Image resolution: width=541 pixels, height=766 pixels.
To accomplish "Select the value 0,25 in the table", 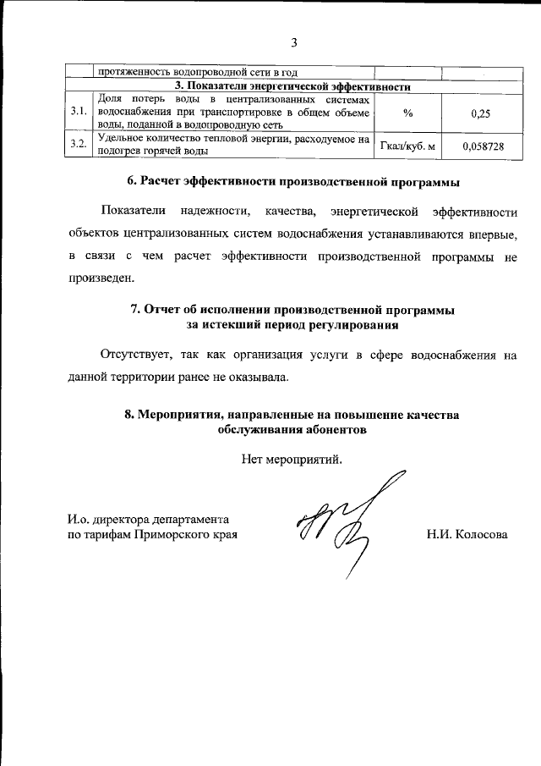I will pyautogui.click(x=482, y=113).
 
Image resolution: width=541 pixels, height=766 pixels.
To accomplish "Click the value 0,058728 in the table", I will pyautogui.click(x=482, y=146).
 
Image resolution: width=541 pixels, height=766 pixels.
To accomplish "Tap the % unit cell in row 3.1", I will pyautogui.click(x=408, y=113).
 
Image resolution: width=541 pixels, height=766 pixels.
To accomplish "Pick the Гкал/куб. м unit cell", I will pyautogui.click(x=408, y=146).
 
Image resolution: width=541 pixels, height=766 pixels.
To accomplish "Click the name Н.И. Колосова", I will pyautogui.click(x=467, y=535).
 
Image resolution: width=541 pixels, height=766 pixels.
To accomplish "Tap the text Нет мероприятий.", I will pyautogui.click(x=292, y=460).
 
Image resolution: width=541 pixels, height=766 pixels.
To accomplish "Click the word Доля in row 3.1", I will pyautogui.click(x=112, y=99).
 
